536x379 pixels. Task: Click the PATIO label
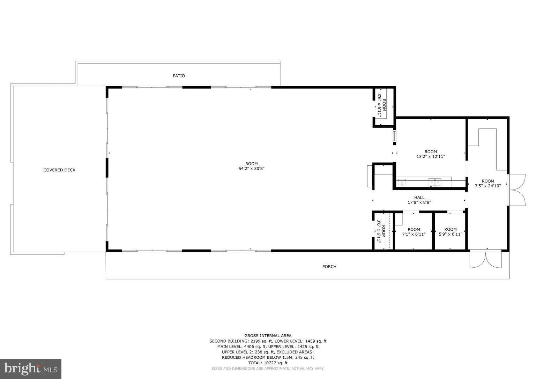(179, 76)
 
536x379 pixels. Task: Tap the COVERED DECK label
(59, 170)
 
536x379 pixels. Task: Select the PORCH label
(329, 267)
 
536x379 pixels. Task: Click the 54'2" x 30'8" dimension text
(251, 169)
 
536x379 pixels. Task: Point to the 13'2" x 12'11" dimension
(431, 157)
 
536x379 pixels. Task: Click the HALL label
(419, 198)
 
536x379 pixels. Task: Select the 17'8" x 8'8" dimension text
(419, 202)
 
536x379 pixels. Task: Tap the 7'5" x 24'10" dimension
(487, 186)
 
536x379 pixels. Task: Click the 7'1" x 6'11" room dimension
(414, 234)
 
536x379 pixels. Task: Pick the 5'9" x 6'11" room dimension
(450, 234)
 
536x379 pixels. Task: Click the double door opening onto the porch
(485, 259)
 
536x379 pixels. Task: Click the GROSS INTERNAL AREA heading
(268, 336)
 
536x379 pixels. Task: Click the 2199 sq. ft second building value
(258, 341)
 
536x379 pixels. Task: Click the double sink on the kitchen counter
(435, 181)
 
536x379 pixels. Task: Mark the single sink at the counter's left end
(402, 182)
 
